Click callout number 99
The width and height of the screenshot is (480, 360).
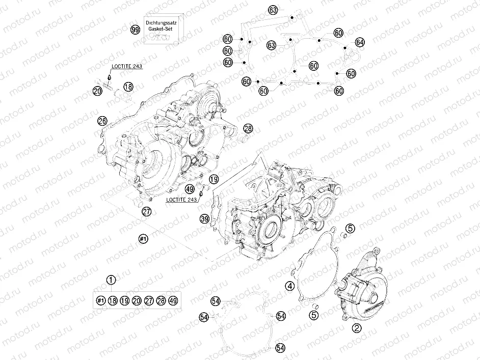pyautogui.click(x=135, y=30)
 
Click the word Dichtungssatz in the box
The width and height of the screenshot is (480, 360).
pyautogui.click(x=161, y=24)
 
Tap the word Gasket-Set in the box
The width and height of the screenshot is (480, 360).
pyautogui.click(x=161, y=31)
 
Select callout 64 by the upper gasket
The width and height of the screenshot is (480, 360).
pyautogui.click(x=360, y=42)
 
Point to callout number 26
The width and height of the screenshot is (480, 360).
pyautogui.click(x=102, y=121)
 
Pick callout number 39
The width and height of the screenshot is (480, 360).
pyautogui.click(x=204, y=219)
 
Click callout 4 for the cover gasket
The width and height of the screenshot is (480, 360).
pyautogui.click(x=289, y=286)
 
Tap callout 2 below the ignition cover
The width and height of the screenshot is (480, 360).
pyautogui.click(x=357, y=329)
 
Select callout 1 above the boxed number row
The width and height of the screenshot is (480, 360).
pyautogui.click(x=111, y=280)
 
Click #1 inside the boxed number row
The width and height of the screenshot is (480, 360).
pyautogui.click(x=100, y=301)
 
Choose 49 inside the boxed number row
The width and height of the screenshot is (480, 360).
pyautogui.click(x=173, y=301)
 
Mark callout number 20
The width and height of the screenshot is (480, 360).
pyautogui.click(x=97, y=91)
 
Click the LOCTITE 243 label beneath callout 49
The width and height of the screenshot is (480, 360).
pyautogui.click(x=182, y=200)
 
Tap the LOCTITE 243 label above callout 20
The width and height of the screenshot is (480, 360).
pyautogui.click(x=127, y=67)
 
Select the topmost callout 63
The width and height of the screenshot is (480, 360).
pyautogui.click(x=273, y=10)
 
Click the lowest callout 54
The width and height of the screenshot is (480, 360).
pyautogui.click(x=280, y=348)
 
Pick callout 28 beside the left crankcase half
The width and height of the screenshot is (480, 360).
pyautogui.click(x=248, y=128)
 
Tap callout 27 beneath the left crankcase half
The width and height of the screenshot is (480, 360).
pyautogui.click(x=147, y=212)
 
